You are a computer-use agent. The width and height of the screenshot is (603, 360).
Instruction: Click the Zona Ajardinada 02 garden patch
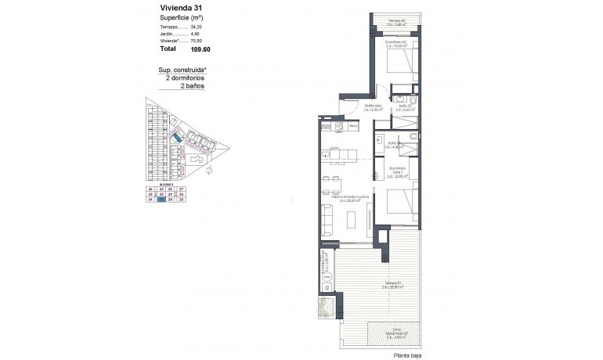(401, 332)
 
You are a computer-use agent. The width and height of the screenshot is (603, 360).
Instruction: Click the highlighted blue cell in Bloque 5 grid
(161, 200)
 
